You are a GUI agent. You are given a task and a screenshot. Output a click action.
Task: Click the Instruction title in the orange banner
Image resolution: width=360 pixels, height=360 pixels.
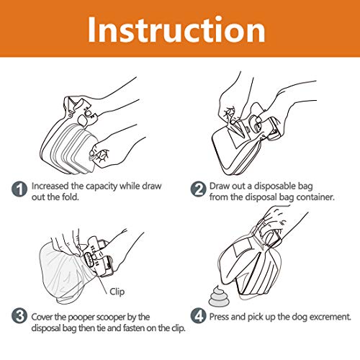[176, 30]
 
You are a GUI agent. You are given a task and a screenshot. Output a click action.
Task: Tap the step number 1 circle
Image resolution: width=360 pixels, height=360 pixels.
[19, 189]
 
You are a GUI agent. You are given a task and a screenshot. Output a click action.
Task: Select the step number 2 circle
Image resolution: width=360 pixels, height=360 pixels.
[199, 189]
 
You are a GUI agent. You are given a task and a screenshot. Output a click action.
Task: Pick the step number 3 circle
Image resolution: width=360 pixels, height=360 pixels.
[19, 315]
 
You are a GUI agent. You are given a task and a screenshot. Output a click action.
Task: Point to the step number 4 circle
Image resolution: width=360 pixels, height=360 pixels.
[199, 315]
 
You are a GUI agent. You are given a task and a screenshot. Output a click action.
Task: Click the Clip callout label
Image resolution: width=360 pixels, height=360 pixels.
[117, 292]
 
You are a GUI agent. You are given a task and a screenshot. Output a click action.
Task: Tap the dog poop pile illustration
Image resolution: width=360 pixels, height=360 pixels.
[217, 296]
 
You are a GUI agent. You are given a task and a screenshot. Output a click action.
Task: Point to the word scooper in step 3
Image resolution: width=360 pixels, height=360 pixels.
[108, 318]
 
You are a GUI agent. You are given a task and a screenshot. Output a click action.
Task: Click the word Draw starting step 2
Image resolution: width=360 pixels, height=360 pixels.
[219, 186]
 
